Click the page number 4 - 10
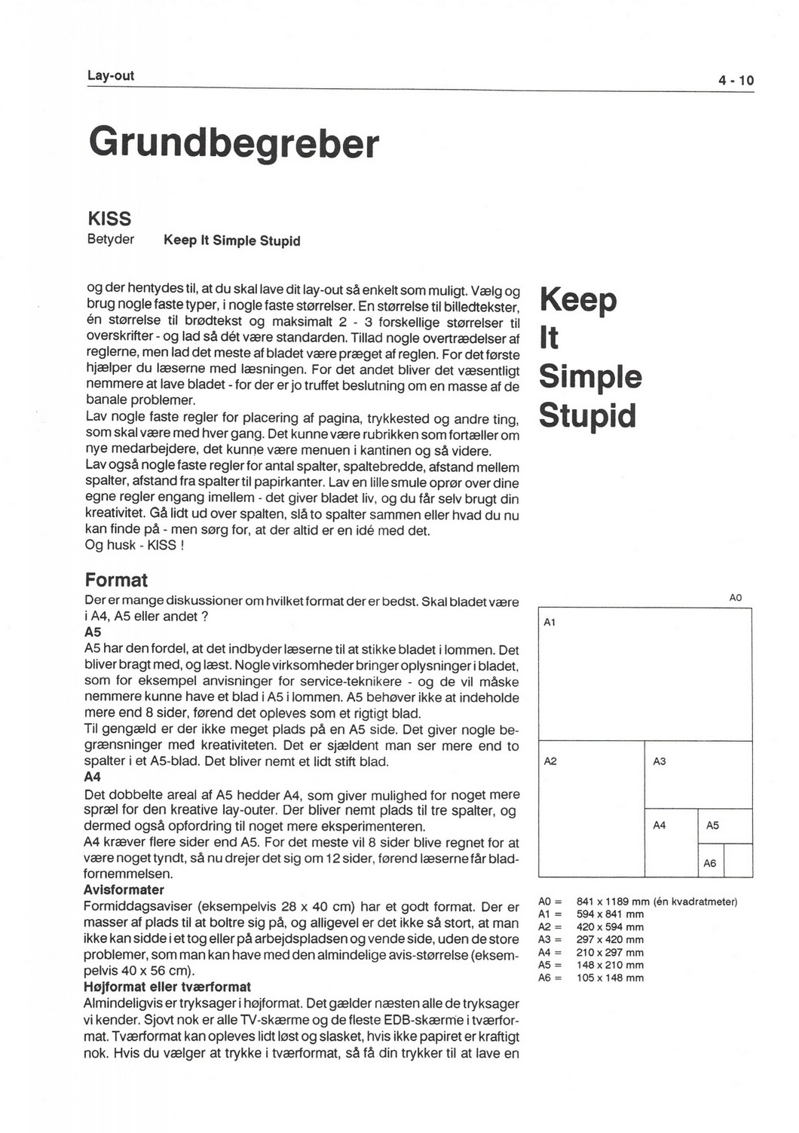click(736, 81)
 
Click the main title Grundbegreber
click(234, 143)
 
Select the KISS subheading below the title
click(109, 219)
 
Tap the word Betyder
click(111, 240)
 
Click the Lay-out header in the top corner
click(111, 75)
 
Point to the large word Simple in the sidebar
click(590, 377)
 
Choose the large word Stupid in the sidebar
click(588, 415)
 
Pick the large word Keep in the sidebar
click(578, 300)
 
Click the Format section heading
click(116, 580)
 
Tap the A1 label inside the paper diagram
click(550, 622)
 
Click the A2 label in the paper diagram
click(550, 761)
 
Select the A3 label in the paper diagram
click(660, 761)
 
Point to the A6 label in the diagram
click(710, 863)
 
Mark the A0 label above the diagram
click(736, 598)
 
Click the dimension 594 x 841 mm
click(610, 914)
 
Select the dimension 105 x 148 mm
click(610, 978)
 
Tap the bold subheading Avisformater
click(124, 890)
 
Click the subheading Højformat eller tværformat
click(167, 987)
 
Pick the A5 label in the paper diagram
click(712, 825)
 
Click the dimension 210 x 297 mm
click(610, 952)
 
